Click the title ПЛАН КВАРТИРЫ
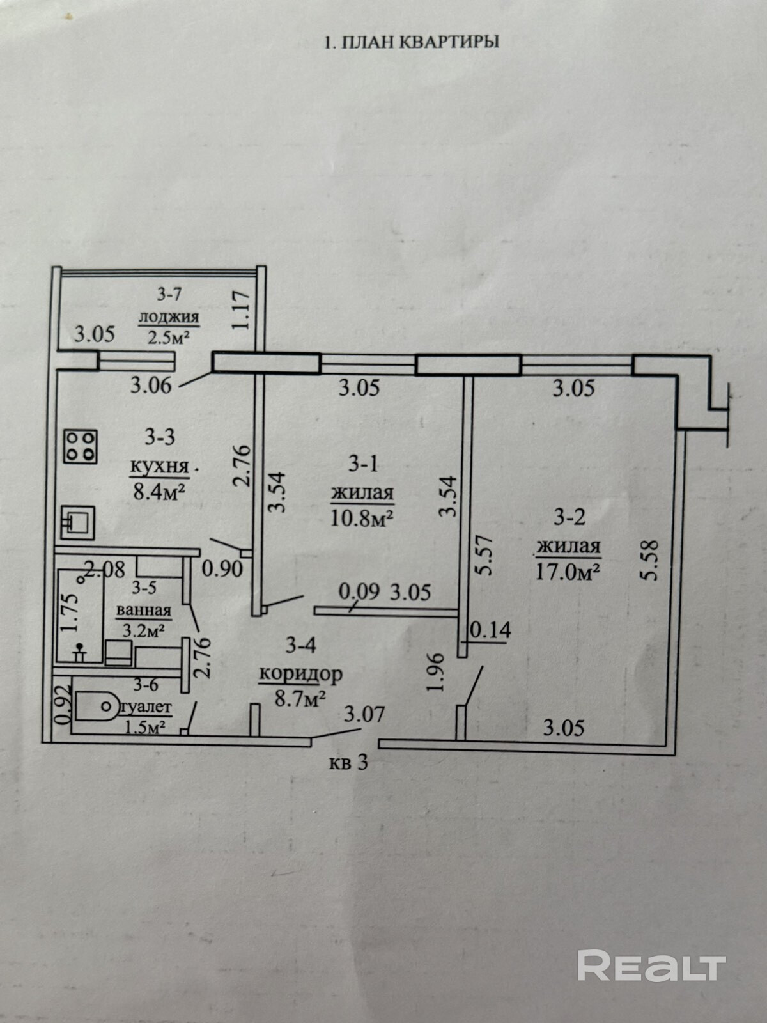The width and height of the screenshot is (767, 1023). [x=412, y=42]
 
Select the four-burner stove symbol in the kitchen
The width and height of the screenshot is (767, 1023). [x=81, y=446]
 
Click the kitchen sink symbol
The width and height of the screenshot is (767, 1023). [x=78, y=522]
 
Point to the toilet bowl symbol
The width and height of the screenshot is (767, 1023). [x=96, y=707]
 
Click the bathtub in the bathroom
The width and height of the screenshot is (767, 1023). [x=81, y=615]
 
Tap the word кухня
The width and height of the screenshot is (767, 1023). [x=160, y=467]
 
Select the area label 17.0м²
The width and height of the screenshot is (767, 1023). [x=568, y=570]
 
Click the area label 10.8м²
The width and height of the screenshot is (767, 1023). [x=361, y=517]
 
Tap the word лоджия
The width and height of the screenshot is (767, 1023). [x=169, y=316]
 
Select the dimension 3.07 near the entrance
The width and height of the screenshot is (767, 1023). [x=364, y=713]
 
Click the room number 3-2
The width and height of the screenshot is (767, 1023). [x=569, y=517]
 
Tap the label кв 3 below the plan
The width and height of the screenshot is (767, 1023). [x=349, y=763]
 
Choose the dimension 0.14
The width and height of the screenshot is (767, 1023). [x=491, y=630]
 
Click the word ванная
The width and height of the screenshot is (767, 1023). [x=143, y=611]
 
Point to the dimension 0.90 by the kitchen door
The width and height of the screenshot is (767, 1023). [x=222, y=568]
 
